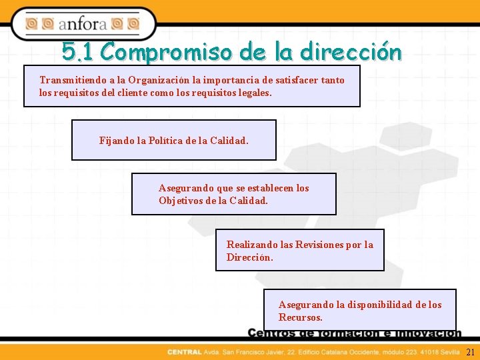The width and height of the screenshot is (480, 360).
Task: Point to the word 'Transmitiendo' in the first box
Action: [x=70, y=80]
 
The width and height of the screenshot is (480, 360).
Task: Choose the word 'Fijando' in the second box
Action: [x=115, y=141]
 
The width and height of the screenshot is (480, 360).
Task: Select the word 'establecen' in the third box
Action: [x=269, y=188]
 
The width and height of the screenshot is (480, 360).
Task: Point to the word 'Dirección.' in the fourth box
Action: [x=250, y=257]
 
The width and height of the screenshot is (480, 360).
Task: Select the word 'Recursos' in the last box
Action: [x=299, y=318]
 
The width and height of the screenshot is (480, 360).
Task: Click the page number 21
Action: [x=470, y=352]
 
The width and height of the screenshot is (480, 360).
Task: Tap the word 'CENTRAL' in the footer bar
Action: [x=184, y=352]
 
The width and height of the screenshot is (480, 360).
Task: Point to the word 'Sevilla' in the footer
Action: [x=449, y=352]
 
